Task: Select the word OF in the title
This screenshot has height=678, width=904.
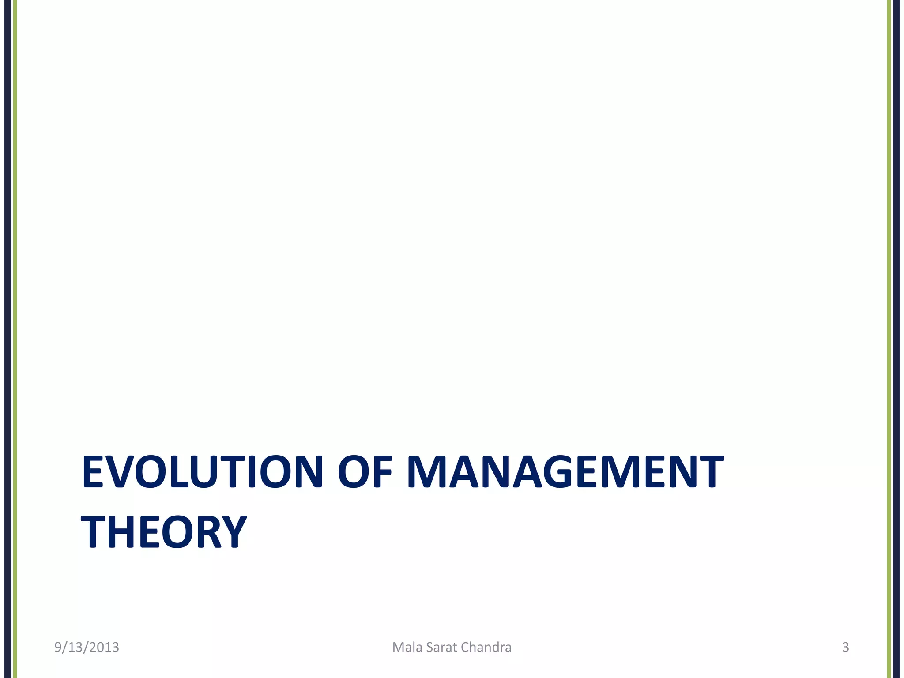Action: coord(365,472)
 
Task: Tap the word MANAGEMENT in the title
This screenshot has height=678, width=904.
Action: coord(565,472)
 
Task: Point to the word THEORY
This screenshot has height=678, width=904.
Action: coord(164,531)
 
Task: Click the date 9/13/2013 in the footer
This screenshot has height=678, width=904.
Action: coord(87,647)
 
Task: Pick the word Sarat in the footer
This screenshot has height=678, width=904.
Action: coord(442,647)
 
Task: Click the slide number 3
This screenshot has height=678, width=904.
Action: coord(845,647)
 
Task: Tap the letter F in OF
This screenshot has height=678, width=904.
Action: coord(382,472)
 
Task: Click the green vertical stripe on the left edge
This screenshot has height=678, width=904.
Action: coord(15,309)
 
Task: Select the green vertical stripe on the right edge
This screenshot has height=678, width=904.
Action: coord(889,309)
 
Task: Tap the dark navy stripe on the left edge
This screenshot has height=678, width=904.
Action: coord(8,309)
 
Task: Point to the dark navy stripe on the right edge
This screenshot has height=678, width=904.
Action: coord(896,309)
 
